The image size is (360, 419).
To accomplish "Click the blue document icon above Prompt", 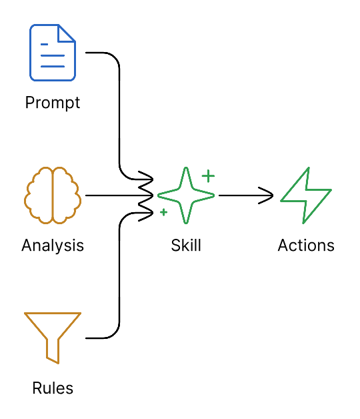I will [x=53, y=52].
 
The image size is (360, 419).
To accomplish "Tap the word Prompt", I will [x=53, y=103].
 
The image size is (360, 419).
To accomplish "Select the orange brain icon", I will [x=53, y=195].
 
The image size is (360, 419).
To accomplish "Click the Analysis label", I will [x=53, y=246].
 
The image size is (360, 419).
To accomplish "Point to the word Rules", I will [x=53, y=388].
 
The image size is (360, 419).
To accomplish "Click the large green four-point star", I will [x=186, y=195].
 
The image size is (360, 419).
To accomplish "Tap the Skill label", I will [x=186, y=246].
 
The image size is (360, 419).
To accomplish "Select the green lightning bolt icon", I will [x=306, y=195].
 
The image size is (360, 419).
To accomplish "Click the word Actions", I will [x=306, y=246].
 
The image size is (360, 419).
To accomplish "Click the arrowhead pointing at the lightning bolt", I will [x=269, y=195].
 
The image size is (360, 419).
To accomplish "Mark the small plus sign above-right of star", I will [x=209, y=176].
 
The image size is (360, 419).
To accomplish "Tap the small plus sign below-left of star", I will [x=163, y=212].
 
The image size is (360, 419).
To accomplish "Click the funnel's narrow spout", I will [x=53, y=352].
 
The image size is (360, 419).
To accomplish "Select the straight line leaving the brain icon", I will [x=110, y=195].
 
